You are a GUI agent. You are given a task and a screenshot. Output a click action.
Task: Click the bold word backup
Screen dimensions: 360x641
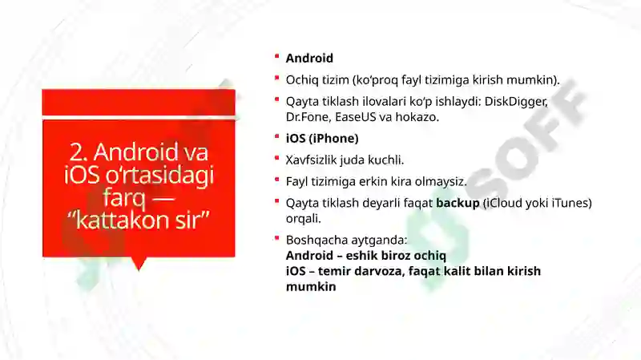(x=458, y=202)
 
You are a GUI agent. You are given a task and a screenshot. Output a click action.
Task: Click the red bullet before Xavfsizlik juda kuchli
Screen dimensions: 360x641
(x=276, y=157)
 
